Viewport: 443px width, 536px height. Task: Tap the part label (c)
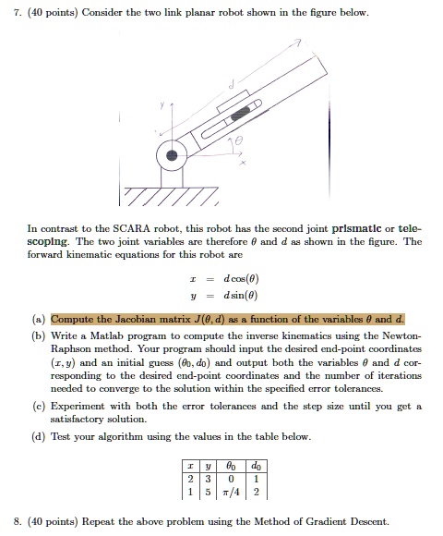click(40, 404)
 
